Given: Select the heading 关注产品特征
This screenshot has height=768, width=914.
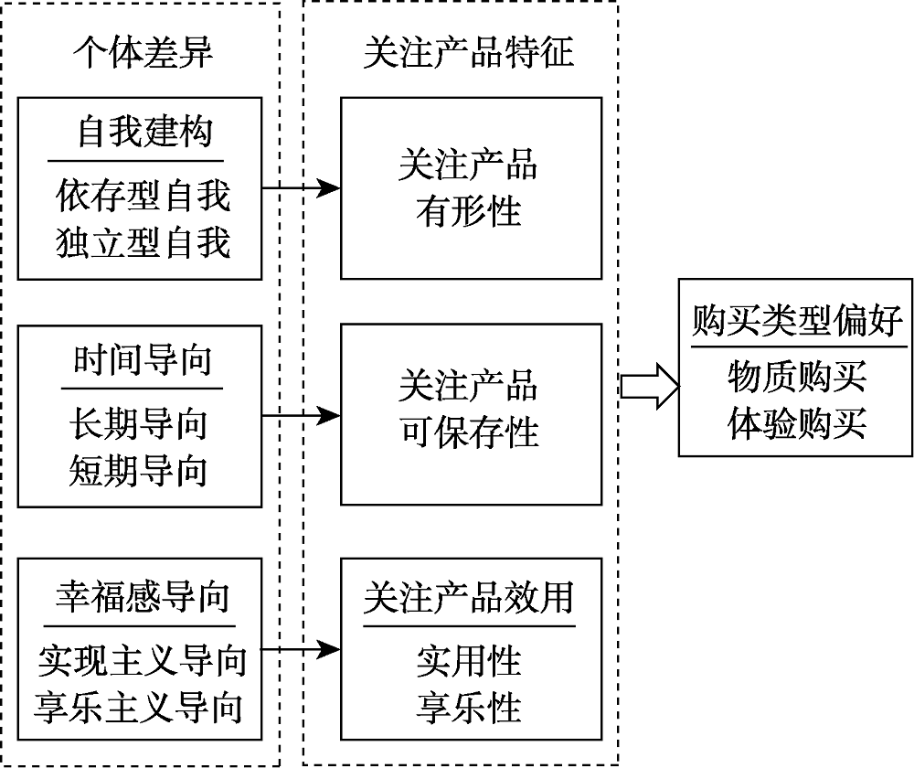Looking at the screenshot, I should tap(468, 53).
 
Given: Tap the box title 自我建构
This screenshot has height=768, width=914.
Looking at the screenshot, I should tap(143, 133).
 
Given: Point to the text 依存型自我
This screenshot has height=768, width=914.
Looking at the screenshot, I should tap(143, 196).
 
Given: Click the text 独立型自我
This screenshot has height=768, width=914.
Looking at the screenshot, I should tap(143, 243).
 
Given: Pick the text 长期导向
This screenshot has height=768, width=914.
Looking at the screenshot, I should tap(139, 423).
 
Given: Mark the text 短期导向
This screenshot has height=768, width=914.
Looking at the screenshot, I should tap(139, 471).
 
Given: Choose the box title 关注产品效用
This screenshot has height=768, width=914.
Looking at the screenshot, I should tap(469, 598).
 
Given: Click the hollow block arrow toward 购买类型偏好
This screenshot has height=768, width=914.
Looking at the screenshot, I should tap(650, 386).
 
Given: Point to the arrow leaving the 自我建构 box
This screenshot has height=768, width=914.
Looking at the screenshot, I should tap(302, 189).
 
